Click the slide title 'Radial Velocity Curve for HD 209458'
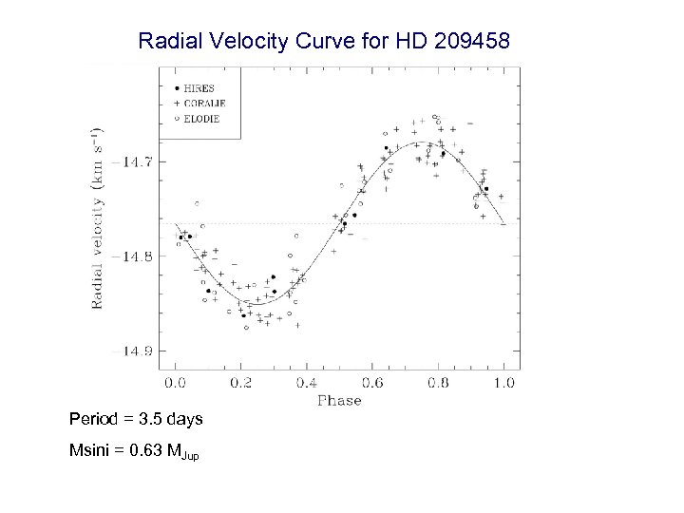tap(324, 42)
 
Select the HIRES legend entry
tap(199, 87)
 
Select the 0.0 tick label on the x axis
tap(175, 383)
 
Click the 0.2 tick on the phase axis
tap(240, 383)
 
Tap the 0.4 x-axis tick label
tap(307, 383)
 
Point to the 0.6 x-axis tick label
tap(372, 383)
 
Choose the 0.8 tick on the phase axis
tap(438, 383)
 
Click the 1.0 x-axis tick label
tap(503, 383)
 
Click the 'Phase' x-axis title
tap(339, 401)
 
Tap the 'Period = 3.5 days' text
tap(136, 419)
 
